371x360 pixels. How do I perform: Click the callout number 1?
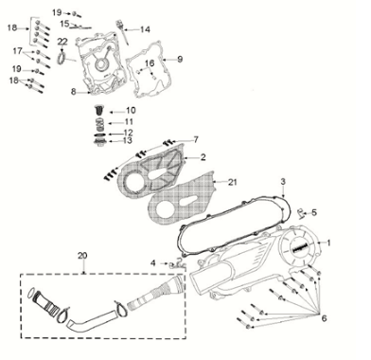tap(328, 243)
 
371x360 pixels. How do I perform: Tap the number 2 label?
tap(202, 156)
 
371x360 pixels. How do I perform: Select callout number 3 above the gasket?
tap(256, 181)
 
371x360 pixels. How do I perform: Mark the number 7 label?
tap(196, 139)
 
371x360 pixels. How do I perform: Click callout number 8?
tap(73, 91)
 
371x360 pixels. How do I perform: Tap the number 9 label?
tap(180, 59)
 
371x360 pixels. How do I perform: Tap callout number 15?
tap(65, 23)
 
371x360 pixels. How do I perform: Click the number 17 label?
tap(17, 50)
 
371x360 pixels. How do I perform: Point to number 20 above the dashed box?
tap(82, 256)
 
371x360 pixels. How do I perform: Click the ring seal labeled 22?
tap(62, 60)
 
